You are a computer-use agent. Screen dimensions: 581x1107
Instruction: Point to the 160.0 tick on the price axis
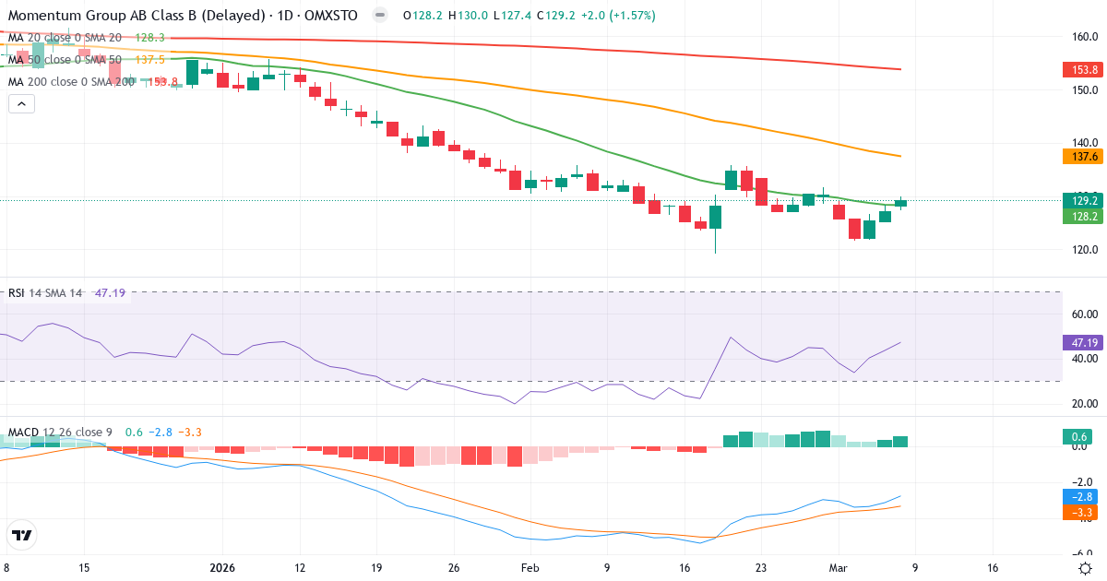tap(1084, 37)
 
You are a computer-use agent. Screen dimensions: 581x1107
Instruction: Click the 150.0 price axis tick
tap(1084, 90)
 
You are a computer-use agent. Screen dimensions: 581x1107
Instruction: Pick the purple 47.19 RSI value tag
tap(1080, 342)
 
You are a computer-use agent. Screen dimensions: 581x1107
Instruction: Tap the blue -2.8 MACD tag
tap(1080, 497)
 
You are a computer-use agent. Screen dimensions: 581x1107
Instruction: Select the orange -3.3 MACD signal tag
tap(1080, 512)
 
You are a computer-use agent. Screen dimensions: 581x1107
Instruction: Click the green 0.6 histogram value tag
tap(1080, 436)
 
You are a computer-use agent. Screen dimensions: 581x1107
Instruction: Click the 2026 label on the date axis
tap(221, 568)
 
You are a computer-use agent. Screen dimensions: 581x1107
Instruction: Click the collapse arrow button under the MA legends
tap(21, 104)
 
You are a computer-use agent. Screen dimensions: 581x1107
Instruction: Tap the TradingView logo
tap(22, 535)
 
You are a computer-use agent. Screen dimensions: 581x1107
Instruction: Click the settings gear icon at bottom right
tap(1086, 568)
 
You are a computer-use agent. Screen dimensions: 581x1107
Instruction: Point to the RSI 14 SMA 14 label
tap(45, 293)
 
